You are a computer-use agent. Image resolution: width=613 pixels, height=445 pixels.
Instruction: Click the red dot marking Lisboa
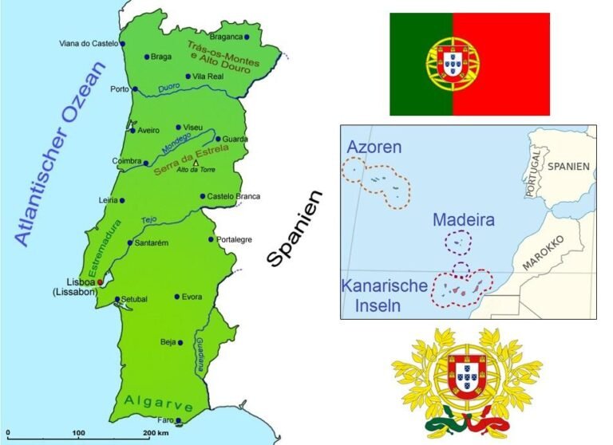99,282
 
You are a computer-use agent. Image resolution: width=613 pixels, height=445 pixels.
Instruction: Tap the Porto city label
121,89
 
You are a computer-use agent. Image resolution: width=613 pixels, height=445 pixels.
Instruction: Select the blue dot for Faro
178,421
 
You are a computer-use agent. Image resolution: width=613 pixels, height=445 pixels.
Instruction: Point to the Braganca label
225,37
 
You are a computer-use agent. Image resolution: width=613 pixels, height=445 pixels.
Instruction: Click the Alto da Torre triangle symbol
196,163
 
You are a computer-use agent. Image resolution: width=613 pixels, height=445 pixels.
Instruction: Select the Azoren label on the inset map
374,148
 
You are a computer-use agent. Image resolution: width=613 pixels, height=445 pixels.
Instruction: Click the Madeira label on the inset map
464,219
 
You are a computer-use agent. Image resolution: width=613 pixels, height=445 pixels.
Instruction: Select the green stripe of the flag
421,64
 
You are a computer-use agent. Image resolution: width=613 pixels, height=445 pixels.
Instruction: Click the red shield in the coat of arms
466,376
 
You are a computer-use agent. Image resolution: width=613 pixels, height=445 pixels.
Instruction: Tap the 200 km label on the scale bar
157,433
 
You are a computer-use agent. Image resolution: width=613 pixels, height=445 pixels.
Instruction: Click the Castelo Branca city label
233,196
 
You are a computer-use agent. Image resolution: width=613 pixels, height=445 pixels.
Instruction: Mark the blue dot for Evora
176,297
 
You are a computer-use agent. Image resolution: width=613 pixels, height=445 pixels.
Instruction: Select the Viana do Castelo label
88,44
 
